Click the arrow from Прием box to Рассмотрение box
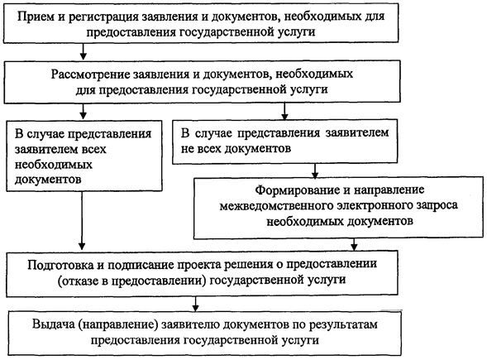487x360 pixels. pyautogui.click(x=83, y=51)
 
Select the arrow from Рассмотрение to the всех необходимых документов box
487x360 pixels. pyautogui.click(x=83, y=111)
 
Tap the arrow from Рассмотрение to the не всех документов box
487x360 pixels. pyautogui.click(x=284, y=111)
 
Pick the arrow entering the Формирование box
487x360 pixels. pyautogui.click(x=315, y=170)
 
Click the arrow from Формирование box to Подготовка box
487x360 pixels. pyautogui.click(x=354, y=244)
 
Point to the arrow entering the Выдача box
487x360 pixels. pyautogui.click(x=195, y=304)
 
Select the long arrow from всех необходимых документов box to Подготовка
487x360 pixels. pyautogui.click(x=82, y=220)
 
